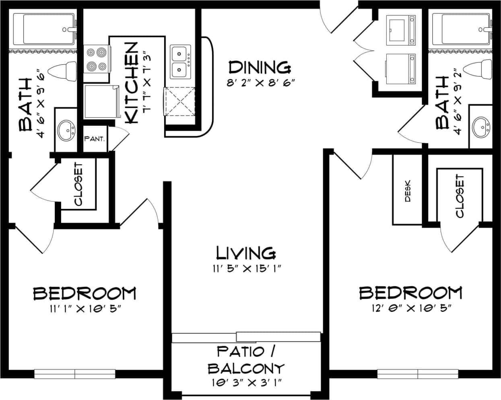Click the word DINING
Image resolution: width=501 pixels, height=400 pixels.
(x=259, y=67)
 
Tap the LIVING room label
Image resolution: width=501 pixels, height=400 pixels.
(x=246, y=253)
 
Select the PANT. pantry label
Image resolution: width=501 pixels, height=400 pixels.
(x=95, y=139)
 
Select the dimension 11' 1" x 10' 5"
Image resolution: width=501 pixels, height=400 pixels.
(x=84, y=308)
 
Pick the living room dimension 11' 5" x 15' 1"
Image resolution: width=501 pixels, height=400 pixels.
(x=246, y=269)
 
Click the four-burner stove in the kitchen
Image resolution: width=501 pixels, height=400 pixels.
(x=97, y=59)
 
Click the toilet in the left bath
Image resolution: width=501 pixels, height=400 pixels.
(x=62, y=71)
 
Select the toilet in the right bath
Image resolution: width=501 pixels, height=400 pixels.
(x=477, y=69)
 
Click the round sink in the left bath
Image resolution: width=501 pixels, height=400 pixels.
(x=66, y=130)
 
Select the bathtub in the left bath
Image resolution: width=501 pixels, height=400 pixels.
(x=44, y=29)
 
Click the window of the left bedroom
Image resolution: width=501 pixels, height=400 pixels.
(x=75, y=374)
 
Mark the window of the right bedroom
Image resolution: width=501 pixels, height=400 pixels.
(x=418, y=374)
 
